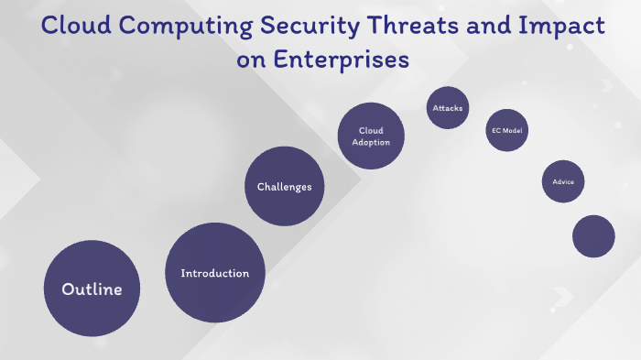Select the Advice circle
[563, 181]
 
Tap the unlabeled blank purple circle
[593, 236]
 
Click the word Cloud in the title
[76, 27]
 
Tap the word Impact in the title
[564, 27]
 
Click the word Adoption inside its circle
[371, 143]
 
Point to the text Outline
[92, 289]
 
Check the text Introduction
[215, 273]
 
